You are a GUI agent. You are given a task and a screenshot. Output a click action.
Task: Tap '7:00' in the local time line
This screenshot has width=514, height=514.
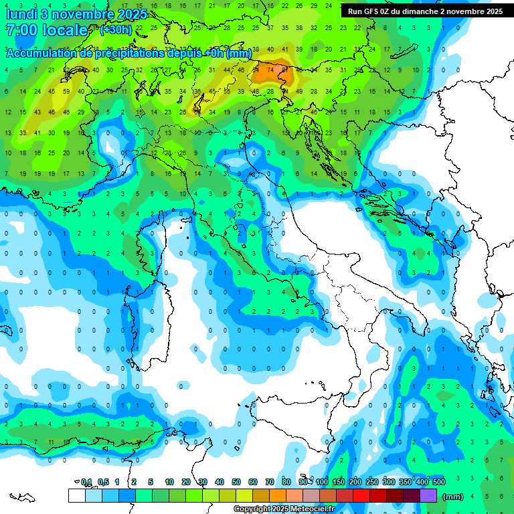click(20, 31)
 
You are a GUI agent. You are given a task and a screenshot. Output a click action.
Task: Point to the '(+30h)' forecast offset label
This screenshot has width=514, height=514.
click(115, 30)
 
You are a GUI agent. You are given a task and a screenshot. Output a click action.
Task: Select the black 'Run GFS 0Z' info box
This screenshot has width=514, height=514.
click(426, 11)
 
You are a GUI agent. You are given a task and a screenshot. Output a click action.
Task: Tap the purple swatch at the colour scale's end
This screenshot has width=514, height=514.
click(428, 496)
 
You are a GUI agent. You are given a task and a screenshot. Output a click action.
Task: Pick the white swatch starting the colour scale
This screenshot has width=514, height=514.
click(76, 496)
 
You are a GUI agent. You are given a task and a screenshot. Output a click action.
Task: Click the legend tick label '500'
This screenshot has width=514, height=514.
click(439, 483)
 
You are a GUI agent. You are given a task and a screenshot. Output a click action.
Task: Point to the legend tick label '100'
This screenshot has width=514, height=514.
click(323, 483)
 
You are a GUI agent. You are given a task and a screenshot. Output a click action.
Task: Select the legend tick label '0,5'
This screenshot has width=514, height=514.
click(103, 483)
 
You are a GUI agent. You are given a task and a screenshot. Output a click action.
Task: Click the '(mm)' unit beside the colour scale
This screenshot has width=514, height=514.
click(453, 497)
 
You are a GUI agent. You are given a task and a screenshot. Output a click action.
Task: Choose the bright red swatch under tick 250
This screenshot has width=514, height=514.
click(361, 496)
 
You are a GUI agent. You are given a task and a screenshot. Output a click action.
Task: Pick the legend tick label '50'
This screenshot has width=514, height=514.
click(236, 483)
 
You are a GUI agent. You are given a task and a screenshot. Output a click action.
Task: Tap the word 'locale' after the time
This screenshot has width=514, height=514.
click(66, 31)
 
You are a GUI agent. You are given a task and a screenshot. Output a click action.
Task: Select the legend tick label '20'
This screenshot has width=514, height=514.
click(186, 483)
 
